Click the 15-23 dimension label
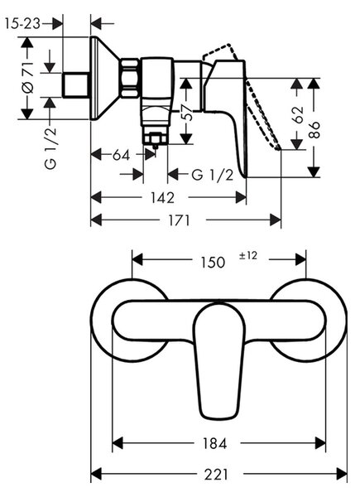click(23, 24)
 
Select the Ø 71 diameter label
click(28, 78)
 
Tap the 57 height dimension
click(188, 113)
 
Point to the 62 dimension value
click(298, 115)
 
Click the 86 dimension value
click(314, 130)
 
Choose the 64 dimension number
click(122, 156)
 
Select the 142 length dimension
click(163, 198)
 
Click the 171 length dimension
click(179, 220)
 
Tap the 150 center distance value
click(213, 262)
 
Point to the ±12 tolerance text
click(248, 255)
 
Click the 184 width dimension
click(214, 443)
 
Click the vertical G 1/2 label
click(51, 147)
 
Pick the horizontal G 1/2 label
click(213, 175)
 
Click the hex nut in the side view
click(129, 78)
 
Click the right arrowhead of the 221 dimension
click(342, 475)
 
